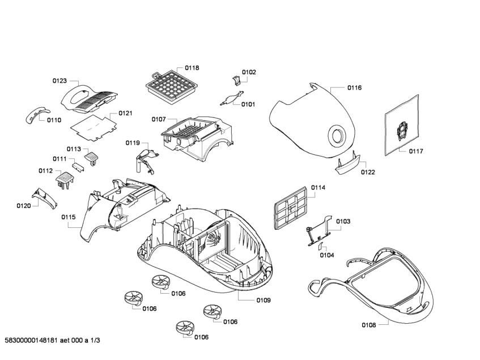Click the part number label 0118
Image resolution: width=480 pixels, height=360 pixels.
(x=192, y=68)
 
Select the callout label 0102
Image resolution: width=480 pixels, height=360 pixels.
(x=249, y=72)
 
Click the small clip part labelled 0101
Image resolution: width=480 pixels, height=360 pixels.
(x=230, y=99)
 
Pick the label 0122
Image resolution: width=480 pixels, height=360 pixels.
(x=368, y=172)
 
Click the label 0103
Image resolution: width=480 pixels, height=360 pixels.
(x=343, y=221)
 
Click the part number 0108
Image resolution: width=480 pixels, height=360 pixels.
(x=369, y=325)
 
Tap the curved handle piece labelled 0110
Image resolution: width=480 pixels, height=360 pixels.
(x=35, y=114)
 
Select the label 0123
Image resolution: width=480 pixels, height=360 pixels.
(x=60, y=81)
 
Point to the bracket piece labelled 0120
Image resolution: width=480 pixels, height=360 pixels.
(x=45, y=198)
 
